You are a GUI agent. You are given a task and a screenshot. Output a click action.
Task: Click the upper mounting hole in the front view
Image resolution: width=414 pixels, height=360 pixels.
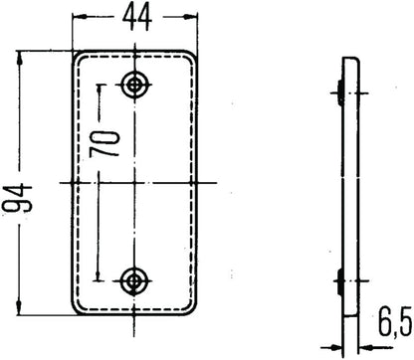[x=132, y=84]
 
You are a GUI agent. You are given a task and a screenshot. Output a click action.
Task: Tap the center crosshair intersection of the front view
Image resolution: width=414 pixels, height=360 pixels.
[x=132, y=183]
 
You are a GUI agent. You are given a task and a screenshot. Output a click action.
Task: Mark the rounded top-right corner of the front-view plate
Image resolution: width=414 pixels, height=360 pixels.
[x=189, y=59]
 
